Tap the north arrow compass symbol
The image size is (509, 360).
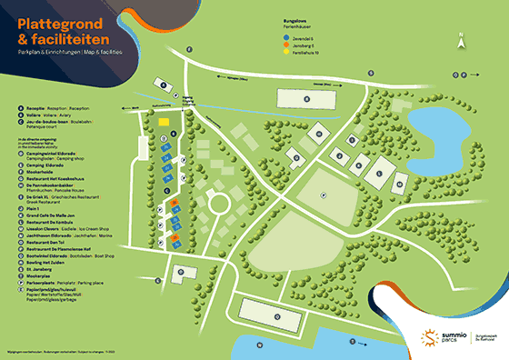pyautogui.click(x=462, y=39)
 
